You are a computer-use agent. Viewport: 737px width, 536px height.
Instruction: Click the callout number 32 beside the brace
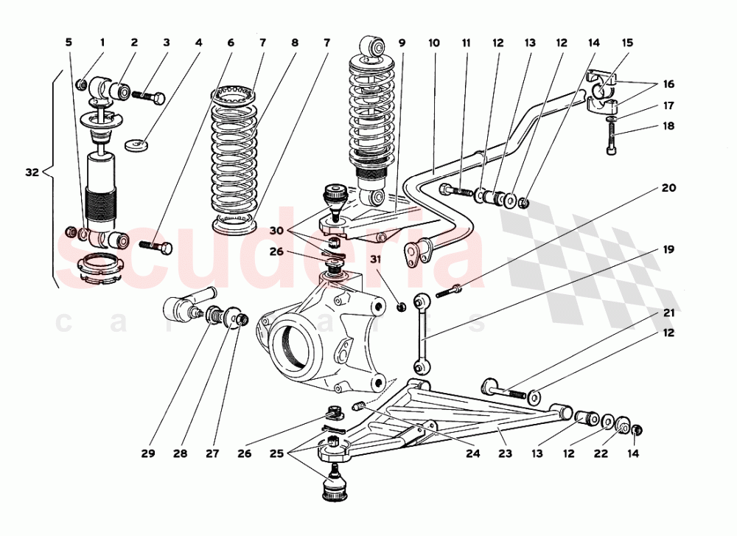[x=31, y=173]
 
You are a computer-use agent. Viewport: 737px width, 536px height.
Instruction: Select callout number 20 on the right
[x=668, y=188]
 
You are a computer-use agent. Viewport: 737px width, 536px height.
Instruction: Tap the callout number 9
[x=402, y=43]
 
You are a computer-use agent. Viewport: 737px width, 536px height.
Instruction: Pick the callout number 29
[x=149, y=454]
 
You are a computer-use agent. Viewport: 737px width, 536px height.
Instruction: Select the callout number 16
[x=668, y=84]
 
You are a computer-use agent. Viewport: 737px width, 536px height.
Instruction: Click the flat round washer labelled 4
[x=136, y=145]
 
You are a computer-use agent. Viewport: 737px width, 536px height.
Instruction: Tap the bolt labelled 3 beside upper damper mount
[x=153, y=96]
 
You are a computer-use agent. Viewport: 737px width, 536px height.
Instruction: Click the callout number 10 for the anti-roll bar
[x=433, y=43]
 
